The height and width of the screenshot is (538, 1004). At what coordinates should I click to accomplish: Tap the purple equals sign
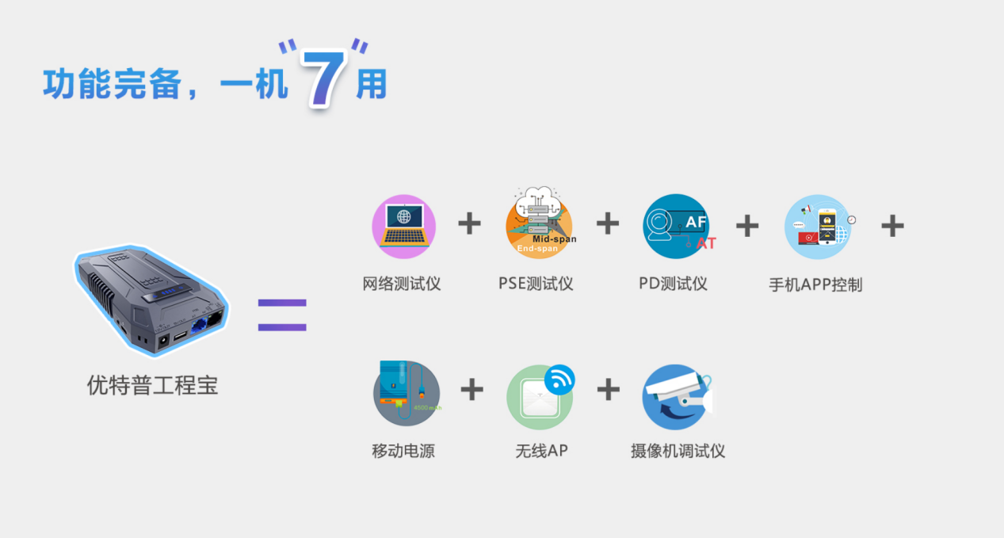pos(282,315)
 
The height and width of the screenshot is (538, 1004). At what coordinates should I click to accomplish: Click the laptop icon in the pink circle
pos(403,226)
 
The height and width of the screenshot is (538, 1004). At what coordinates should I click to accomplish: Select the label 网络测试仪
pos(402,284)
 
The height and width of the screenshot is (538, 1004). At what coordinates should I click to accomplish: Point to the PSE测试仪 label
pos(536,284)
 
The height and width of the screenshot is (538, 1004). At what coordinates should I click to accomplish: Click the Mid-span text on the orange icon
pos(554,238)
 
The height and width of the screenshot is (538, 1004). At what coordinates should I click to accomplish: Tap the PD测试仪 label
pos(673,284)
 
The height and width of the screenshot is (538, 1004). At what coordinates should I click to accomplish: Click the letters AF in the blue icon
pos(695,223)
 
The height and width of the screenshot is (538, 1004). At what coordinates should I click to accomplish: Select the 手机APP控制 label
pos(815,284)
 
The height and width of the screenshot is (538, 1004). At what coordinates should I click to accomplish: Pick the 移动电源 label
pos(403,452)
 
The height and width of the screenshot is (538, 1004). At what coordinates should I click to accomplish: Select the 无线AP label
pos(541,452)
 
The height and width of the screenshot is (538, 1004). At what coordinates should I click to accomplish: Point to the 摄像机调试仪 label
pos(678,452)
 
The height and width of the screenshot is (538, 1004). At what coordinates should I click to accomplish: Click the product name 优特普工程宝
pos(152,386)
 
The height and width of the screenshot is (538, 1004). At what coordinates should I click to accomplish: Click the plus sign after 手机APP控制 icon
pos(892,226)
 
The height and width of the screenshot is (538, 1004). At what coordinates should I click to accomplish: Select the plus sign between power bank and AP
pos(471,389)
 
